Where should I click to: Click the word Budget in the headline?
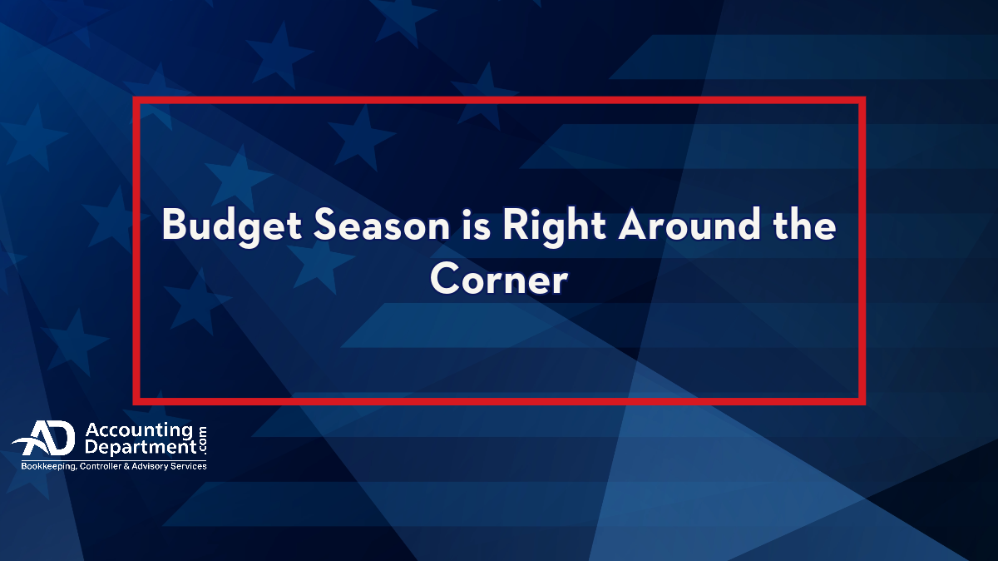pos(232,226)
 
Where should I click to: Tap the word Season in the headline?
pos(382,226)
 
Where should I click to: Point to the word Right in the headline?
pos(554,226)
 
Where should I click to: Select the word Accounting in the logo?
pos(139,431)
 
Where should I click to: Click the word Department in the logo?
pos(141,447)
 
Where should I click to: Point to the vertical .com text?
pos(203,439)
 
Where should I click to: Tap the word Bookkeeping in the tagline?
pos(49,466)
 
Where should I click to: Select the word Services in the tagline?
pos(189,466)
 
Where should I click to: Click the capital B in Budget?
pos(173,225)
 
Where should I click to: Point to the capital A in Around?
pos(634,225)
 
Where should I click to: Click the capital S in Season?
pos(325,225)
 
